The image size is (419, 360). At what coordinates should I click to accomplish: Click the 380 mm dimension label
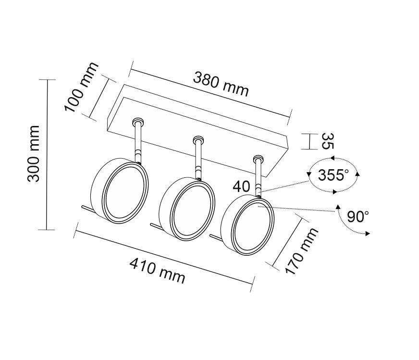221,84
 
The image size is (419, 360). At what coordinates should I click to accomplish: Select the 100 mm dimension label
82,87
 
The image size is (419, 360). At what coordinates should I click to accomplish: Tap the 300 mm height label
34,154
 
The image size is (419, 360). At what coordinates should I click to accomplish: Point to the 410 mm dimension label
158,271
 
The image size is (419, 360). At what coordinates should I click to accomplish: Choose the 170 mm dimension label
302,251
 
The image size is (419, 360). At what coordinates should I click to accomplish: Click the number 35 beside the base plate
328,141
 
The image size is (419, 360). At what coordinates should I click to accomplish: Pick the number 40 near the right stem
241,186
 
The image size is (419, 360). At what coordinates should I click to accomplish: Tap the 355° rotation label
333,175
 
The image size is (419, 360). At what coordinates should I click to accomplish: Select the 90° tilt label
358,216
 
